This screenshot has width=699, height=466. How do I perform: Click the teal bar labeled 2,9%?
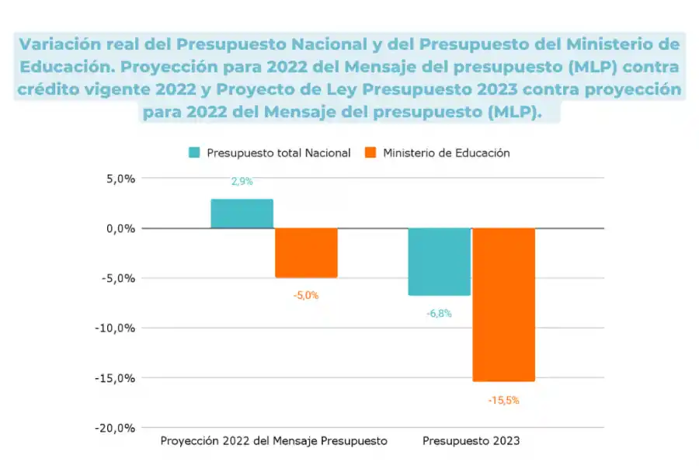point(242,214)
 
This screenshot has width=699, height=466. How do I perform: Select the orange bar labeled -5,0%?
point(306,252)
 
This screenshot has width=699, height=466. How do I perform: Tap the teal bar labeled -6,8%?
point(439,262)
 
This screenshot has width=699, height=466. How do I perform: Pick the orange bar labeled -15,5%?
point(503,304)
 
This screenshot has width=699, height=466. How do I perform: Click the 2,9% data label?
point(242,182)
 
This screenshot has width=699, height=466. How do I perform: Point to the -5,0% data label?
point(306,295)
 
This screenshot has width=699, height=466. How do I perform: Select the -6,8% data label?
point(439,314)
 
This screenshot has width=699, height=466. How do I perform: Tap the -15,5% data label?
point(503,401)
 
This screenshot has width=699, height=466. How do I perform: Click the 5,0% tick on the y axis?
point(120,179)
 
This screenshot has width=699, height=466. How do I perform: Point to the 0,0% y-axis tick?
point(120,228)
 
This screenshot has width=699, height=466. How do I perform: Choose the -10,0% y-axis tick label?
point(117,328)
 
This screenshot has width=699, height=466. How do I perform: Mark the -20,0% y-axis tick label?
point(117,428)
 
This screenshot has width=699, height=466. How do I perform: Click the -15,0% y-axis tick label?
point(117,378)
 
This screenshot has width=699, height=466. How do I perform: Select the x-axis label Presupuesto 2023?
point(471,441)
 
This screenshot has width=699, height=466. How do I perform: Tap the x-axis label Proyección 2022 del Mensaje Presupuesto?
point(273,441)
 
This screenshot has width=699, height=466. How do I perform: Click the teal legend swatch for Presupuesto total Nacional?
point(194,153)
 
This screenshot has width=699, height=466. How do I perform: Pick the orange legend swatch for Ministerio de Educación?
point(370,153)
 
